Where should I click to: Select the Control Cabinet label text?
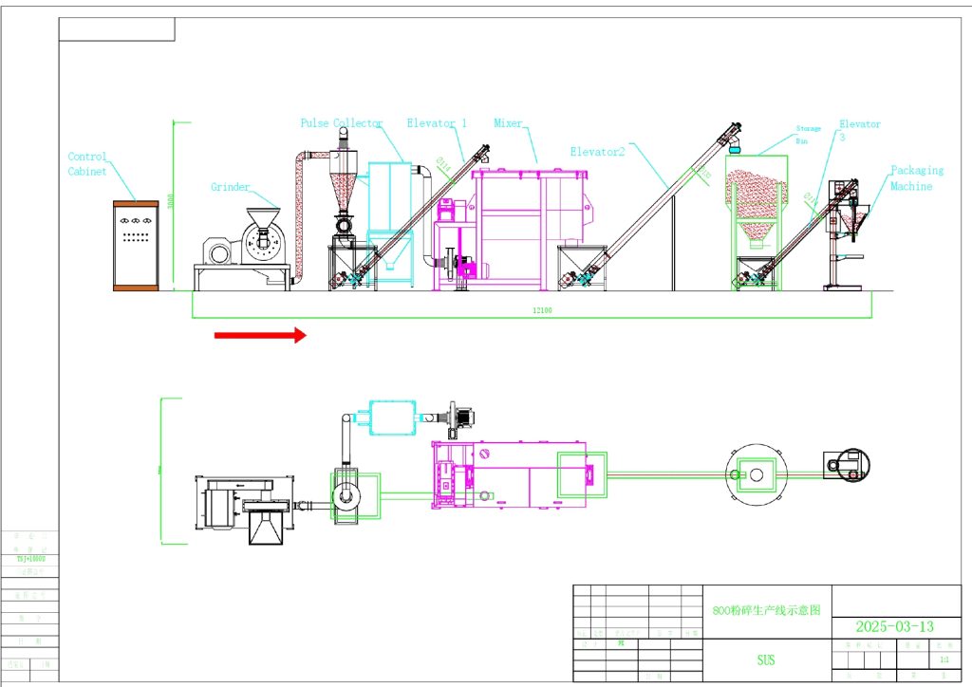pos(87,164)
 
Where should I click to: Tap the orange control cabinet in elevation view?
pos(136,246)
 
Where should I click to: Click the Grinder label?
pos(231,188)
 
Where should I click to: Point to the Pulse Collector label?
pos(342,123)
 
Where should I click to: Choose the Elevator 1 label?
pos(437,123)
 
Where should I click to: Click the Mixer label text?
pos(509,123)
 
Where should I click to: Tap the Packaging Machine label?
pos(916,177)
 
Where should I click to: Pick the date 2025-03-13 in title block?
pos(894,626)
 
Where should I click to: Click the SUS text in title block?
pos(765,659)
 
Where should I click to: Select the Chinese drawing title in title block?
pos(765,611)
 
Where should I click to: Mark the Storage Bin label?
pos(808,134)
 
